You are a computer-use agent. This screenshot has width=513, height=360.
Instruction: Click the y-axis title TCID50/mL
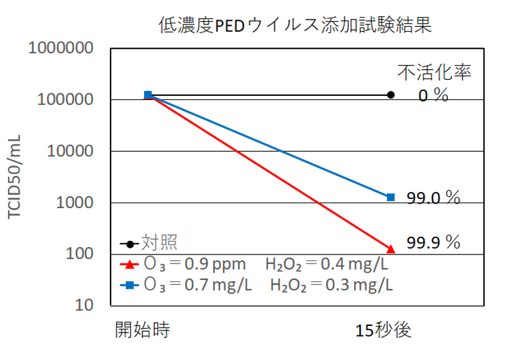[x=16, y=177]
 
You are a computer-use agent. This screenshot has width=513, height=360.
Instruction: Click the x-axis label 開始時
[x=142, y=330]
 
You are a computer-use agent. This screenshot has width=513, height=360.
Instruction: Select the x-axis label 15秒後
[x=384, y=330]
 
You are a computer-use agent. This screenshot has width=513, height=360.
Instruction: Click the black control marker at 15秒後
[x=391, y=95]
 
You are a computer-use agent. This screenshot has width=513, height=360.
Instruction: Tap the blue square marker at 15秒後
[x=391, y=197]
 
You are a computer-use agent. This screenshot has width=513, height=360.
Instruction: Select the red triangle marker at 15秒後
[x=391, y=248]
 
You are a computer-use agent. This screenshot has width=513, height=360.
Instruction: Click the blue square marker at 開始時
[x=148, y=95]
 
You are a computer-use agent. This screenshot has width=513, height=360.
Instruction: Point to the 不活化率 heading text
[x=435, y=73]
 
